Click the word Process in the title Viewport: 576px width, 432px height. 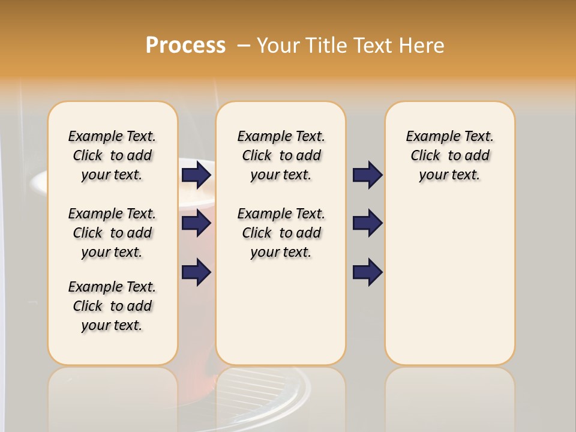[x=185, y=46]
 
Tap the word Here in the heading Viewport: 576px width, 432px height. [x=422, y=46]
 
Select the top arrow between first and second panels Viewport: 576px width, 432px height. [x=196, y=175]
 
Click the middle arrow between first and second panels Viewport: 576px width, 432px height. [x=196, y=224]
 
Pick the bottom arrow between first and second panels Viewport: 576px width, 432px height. [x=196, y=272]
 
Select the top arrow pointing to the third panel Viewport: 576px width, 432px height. [x=367, y=175]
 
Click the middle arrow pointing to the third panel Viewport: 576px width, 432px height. [x=367, y=224]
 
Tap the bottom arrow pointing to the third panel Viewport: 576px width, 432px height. [x=367, y=272]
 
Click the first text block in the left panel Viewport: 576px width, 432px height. [x=112, y=155]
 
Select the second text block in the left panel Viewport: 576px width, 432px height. [x=112, y=233]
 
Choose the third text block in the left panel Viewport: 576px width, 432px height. [x=112, y=306]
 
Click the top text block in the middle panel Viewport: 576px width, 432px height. [x=281, y=155]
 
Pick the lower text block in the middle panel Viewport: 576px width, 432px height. [x=281, y=233]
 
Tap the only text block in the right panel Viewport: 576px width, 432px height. [x=450, y=155]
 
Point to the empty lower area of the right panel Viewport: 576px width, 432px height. [x=450, y=282]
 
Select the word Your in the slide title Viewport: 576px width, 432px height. [x=279, y=46]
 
